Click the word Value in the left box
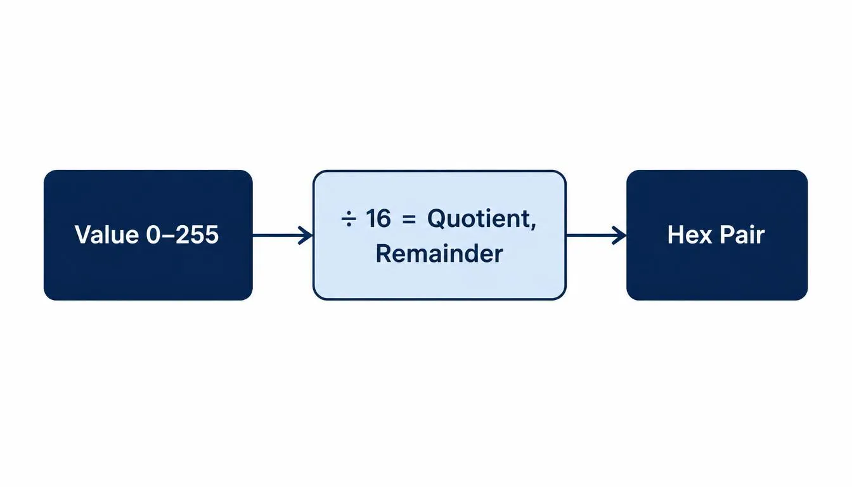pos(107,235)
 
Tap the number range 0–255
pos(183,235)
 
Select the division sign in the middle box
pos(349,219)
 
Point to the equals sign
pos(409,219)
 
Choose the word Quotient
pos(479,219)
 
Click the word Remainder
pos(439,254)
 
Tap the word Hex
pos(690,235)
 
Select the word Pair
pos(742,235)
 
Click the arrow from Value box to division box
pos(283,235)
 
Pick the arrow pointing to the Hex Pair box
pos(596,235)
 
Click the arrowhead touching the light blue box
pos(306,235)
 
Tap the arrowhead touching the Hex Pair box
pos(619,235)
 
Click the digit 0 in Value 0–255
pos(153,235)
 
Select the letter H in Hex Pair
pos(676,235)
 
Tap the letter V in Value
pos(84,235)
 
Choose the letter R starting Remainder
pos(383,254)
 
